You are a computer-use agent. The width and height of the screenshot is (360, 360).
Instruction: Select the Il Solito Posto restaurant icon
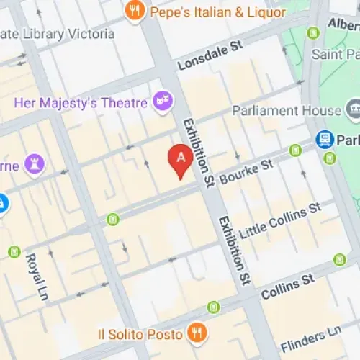[195, 332]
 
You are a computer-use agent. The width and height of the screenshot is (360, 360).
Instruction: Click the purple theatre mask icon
[163, 102]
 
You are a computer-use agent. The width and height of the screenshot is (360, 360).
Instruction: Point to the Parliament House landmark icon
[353, 111]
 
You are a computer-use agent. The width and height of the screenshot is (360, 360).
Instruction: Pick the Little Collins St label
[280, 221]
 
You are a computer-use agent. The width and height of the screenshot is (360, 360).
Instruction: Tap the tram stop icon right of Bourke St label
[294, 150]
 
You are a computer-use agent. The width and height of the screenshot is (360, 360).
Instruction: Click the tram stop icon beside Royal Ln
[14, 251]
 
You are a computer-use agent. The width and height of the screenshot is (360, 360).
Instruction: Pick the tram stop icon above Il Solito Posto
[213, 307]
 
